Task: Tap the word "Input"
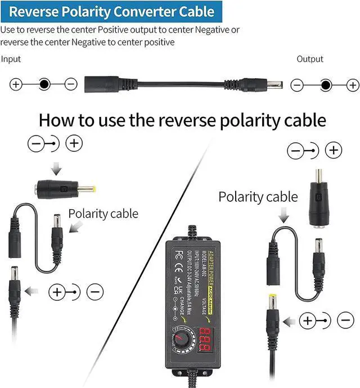pos(11,59)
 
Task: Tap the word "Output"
pos(310,59)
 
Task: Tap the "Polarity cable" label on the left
pos(103,214)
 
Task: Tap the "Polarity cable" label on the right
pos(258,197)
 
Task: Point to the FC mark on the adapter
pos(179,254)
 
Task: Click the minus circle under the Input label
pos(70,85)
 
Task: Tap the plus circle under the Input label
pos(16,85)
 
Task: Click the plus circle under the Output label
pos(352,85)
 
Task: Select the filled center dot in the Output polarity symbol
pos(325,85)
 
